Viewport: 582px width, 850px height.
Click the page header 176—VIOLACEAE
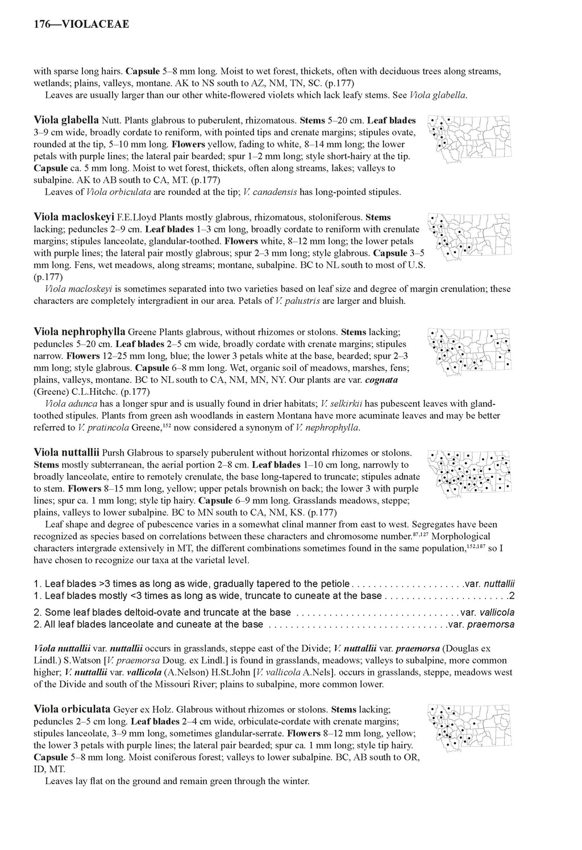[81, 24]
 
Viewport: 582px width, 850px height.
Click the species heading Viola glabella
[66, 120]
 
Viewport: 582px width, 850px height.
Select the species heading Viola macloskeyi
[74, 216]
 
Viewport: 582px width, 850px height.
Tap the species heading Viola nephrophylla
[80, 331]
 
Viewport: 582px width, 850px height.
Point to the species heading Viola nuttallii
[66, 452]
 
